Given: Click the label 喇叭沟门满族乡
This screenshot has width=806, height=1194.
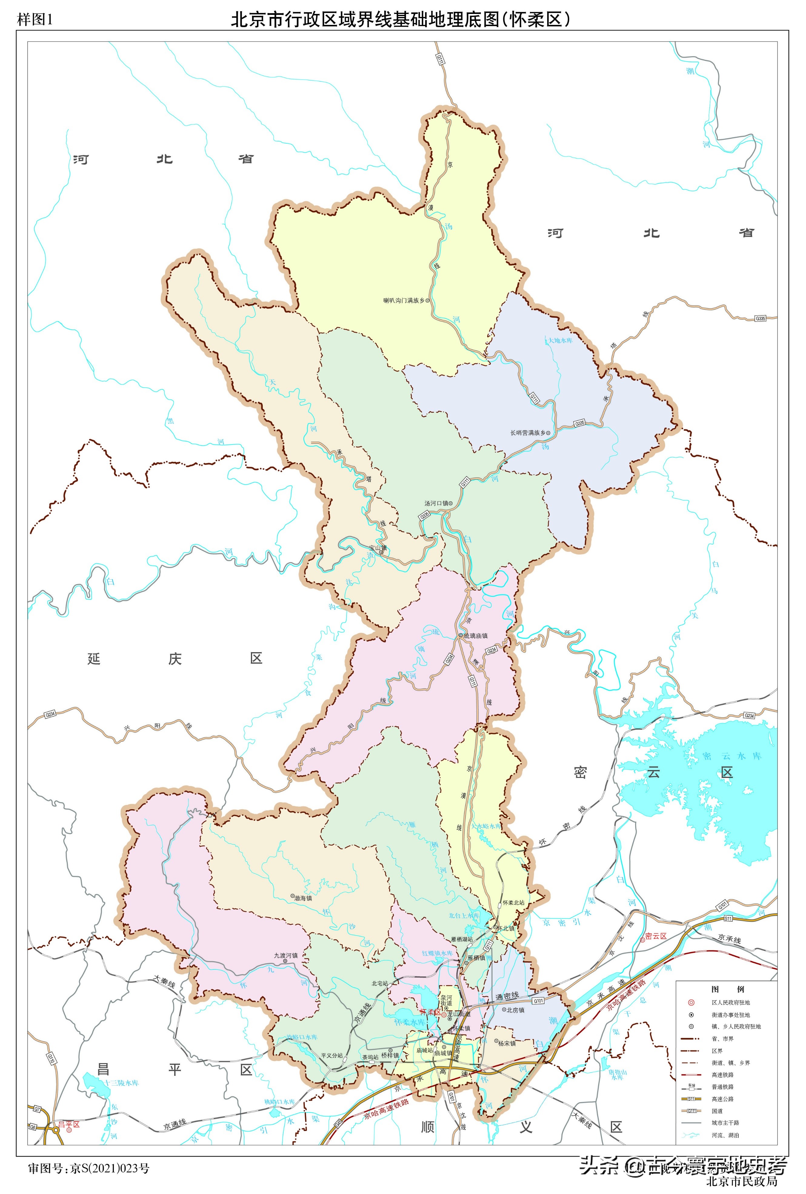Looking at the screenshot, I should pos(404,301).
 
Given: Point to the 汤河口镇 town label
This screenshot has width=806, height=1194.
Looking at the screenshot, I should pos(436,503).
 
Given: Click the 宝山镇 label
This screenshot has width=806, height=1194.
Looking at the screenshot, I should pos(378,548).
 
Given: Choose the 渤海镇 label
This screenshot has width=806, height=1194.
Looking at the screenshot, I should pos(303,898).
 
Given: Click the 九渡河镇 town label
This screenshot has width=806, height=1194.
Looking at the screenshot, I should pos(286,956).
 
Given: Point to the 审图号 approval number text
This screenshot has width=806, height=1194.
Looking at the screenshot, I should pos(89,1169).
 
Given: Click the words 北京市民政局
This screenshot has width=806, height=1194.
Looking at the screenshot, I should pos(741,1182).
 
